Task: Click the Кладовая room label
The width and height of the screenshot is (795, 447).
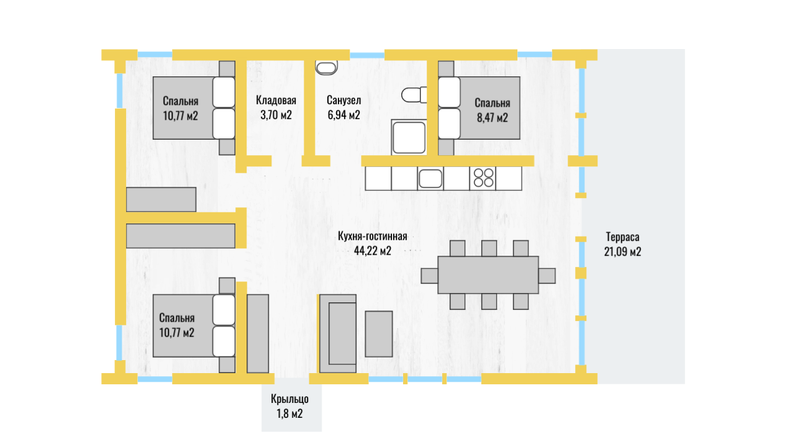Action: [276, 101]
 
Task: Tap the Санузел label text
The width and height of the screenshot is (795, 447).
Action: [343, 101]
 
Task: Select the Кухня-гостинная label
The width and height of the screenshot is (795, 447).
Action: [372, 237]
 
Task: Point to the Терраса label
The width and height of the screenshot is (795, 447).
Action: [622, 237]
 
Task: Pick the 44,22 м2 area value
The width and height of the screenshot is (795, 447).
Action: [372, 251]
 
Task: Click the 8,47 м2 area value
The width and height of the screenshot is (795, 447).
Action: [493, 117]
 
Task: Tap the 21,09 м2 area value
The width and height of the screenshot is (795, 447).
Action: [622, 251]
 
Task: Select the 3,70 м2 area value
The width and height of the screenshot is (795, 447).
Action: [276, 115]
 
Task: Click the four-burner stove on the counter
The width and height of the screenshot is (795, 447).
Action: [483, 178]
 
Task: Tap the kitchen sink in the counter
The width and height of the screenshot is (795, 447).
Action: [430, 178]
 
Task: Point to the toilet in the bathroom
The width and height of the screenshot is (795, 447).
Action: [414, 95]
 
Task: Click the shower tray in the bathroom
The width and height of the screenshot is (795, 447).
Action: [409, 138]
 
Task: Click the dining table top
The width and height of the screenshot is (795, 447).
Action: [488, 274]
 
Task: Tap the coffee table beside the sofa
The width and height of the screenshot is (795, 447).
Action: [379, 333]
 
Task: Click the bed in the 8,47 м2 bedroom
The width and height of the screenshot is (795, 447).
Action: [478, 108]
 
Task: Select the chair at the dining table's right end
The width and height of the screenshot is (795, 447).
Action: [547, 275]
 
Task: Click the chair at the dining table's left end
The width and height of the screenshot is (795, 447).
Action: [429, 275]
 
